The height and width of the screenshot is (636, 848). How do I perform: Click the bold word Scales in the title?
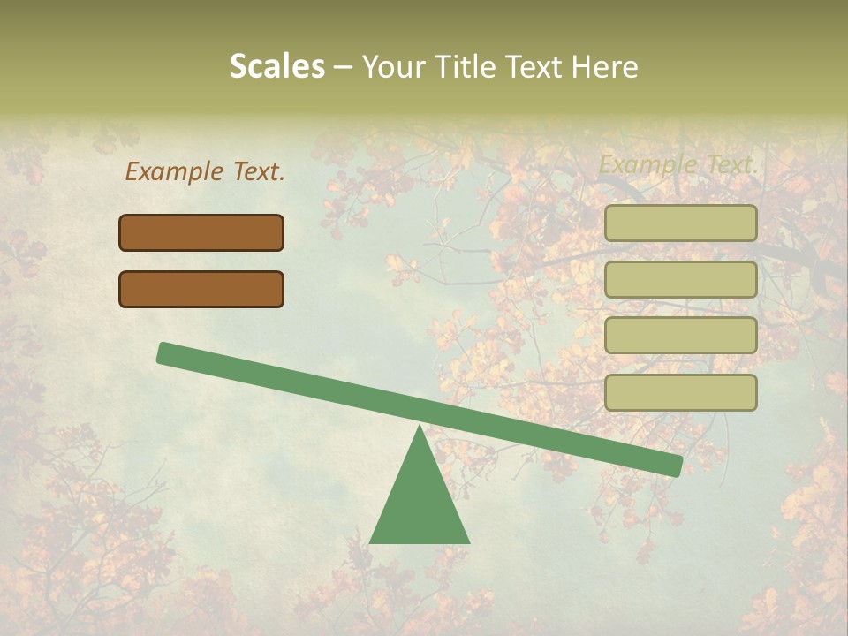[276, 67]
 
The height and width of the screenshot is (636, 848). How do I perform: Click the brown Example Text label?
[205, 171]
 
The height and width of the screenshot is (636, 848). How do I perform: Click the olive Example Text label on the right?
[678, 164]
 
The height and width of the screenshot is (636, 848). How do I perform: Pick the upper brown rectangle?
[201, 232]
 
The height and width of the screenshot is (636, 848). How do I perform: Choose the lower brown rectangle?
[201, 289]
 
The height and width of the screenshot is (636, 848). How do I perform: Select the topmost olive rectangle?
[681, 223]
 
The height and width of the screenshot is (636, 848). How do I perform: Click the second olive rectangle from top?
[681, 279]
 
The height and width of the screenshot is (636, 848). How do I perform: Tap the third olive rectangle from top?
[681, 336]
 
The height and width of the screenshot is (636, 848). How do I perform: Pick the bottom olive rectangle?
[681, 392]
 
